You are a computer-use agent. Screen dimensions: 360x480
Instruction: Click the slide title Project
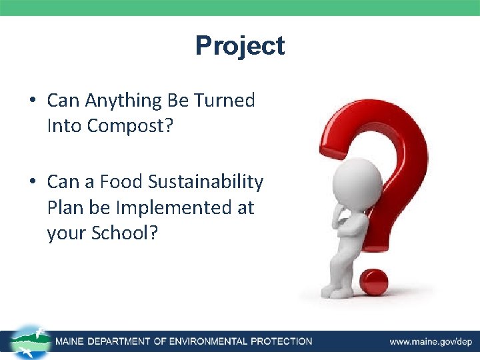pos(240,46)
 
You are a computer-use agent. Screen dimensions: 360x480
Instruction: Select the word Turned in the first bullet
pos(224,101)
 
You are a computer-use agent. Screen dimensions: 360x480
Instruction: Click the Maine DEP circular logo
pos(31,341)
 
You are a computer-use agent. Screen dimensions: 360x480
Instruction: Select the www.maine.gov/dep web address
pos(431,342)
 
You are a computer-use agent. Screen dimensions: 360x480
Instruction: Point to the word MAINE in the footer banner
pos(70,341)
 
